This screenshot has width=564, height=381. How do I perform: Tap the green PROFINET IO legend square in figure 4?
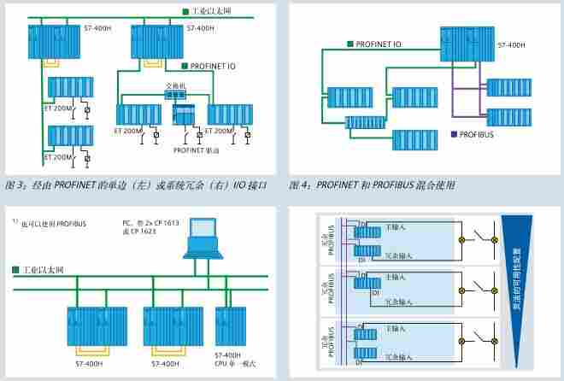coord(351,43)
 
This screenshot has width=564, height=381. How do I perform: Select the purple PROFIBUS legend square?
coord(453,134)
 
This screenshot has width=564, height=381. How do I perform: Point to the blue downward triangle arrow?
coord(518,273)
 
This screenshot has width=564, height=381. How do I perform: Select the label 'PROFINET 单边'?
coord(196,150)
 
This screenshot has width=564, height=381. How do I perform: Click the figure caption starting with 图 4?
coord(372,185)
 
